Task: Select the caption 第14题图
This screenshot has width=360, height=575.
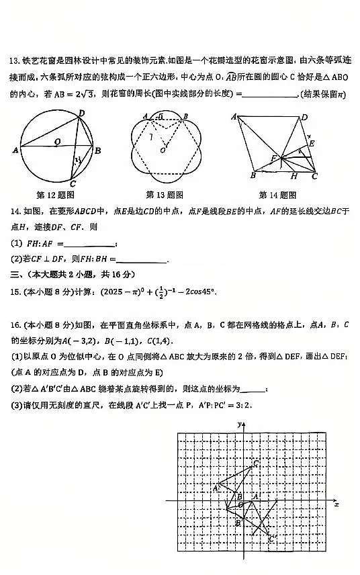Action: coord(277,195)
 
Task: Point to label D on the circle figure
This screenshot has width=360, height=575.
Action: coord(81,114)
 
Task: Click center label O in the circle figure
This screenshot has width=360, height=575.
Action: coord(58,141)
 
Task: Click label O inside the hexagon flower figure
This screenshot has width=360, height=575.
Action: coord(162,150)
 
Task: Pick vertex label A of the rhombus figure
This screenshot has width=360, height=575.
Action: coord(234,117)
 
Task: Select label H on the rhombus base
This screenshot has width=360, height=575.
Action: coord(294,177)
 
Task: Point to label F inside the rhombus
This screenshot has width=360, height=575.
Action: coord(273,159)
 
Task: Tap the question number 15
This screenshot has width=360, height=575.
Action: coord(14,292)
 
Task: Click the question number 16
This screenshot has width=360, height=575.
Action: coord(14,325)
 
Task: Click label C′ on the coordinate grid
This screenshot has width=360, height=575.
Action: coord(271,538)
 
